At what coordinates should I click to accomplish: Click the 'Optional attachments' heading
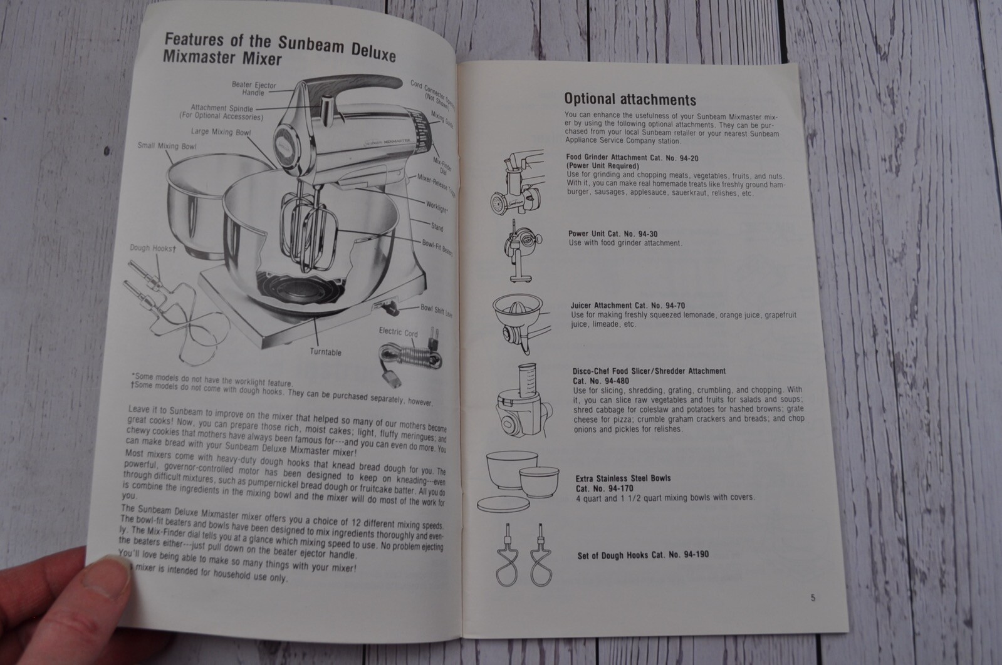coord(630,99)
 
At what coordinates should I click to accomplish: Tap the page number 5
coord(813,597)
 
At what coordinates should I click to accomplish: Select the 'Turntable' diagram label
coord(325,353)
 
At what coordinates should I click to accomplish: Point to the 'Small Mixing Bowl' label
coord(167,146)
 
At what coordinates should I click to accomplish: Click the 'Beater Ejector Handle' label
coord(253,89)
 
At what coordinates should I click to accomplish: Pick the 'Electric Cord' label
coord(398,332)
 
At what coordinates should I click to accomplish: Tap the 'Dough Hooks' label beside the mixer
coord(152,248)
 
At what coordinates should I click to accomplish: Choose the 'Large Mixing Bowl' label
coord(221,132)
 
